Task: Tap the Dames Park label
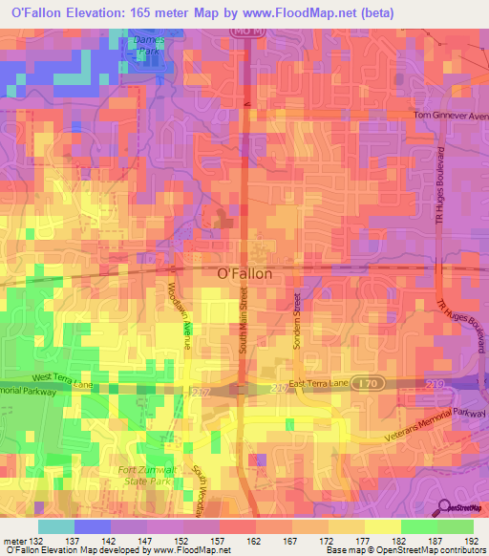148,45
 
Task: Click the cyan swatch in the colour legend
55,526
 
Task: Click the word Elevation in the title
96,12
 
